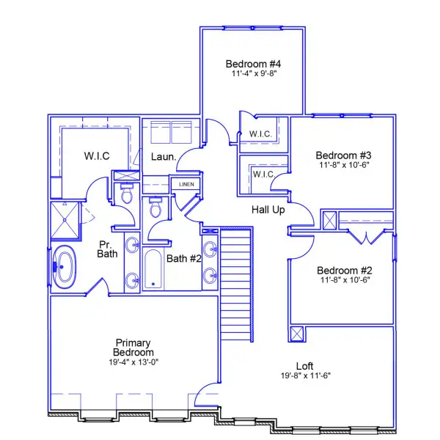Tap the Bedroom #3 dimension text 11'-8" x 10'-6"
[x=344, y=165]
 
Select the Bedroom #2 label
[x=344, y=269]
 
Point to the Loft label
[x=305, y=366]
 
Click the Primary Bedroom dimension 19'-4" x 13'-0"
[x=133, y=362]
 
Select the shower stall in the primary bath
[x=67, y=220]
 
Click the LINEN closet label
[x=186, y=184]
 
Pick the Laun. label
[x=162, y=156]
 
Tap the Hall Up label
[x=268, y=210]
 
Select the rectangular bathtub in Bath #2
[x=154, y=269]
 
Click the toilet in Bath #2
[x=155, y=208]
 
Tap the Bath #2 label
[x=184, y=258]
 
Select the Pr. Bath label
[x=109, y=249]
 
